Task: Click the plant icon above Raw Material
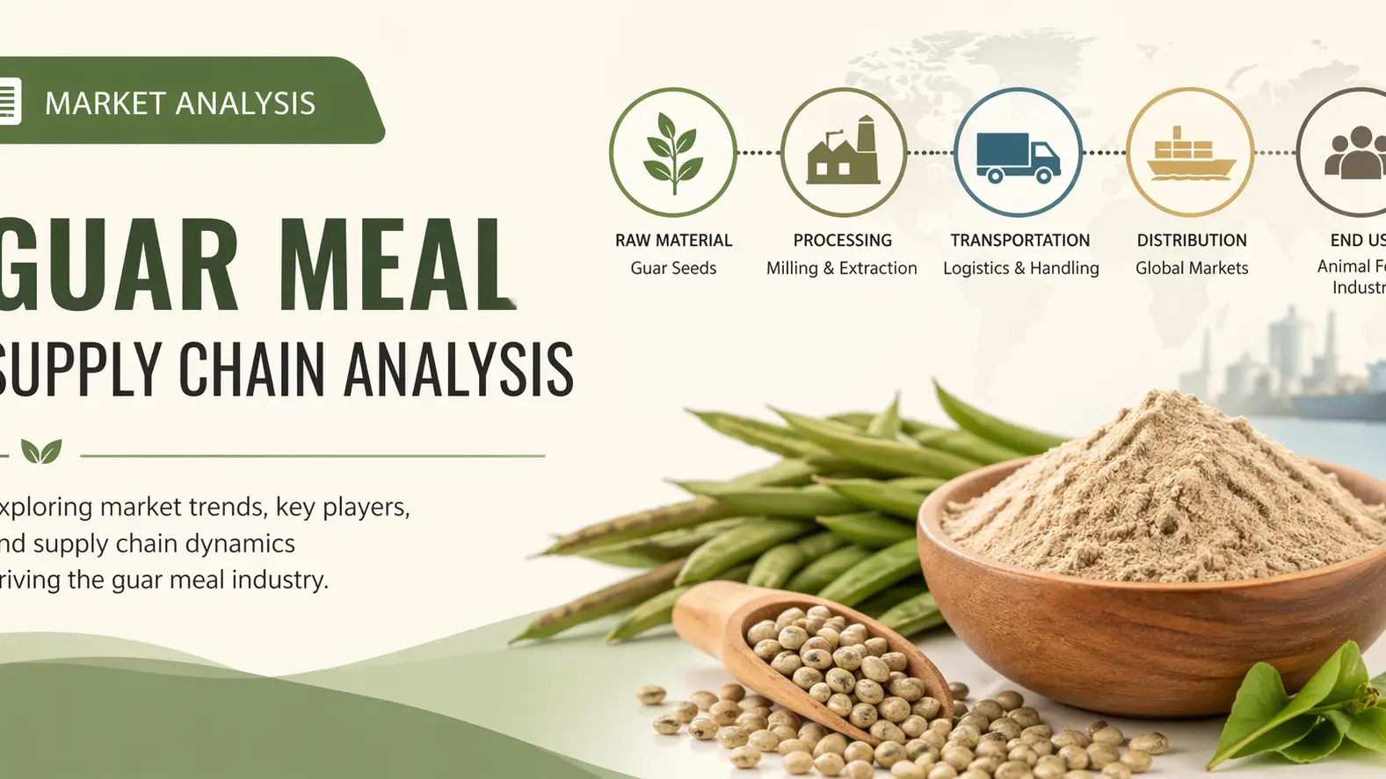[x=673, y=153]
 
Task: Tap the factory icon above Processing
[x=843, y=153]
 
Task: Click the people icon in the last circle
[x=1353, y=153]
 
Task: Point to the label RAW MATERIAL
[x=673, y=241]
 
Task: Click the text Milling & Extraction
[x=841, y=269]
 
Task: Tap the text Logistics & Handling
[x=1020, y=269]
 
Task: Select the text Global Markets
[x=1191, y=269]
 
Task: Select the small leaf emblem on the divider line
[x=41, y=451]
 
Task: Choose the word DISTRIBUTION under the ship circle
[x=1191, y=241]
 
